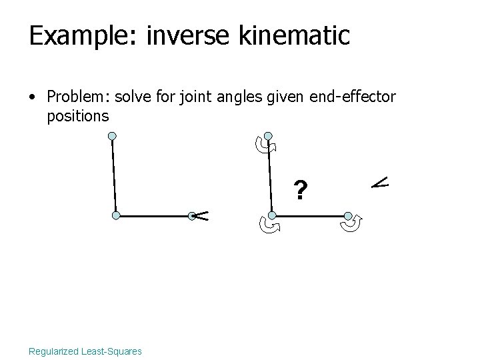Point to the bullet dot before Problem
pyautogui.click(x=32, y=98)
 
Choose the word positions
pyautogui.click(x=78, y=117)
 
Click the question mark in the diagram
pyautogui.click(x=301, y=192)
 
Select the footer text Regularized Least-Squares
pyautogui.click(x=85, y=351)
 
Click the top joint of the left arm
pyautogui.click(x=113, y=137)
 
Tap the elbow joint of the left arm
pyautogui.click(x=116, y=216)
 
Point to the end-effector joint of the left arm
pyautogui.click(x=191, y=215)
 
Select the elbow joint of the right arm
pyautogui.click(x=272, y=216)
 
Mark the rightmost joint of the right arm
pyautogui.click(x=348, y=215)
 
